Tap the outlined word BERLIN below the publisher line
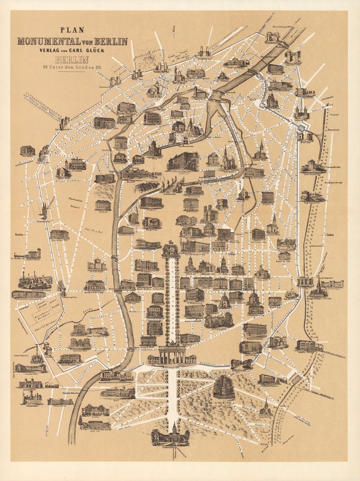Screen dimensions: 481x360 pyautogui.click(x=73, y=60)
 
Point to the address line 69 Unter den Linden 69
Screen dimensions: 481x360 pyautogui.click(x=73, y=67)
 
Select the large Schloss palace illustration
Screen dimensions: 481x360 pyautogui.click(x=183, y=161)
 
